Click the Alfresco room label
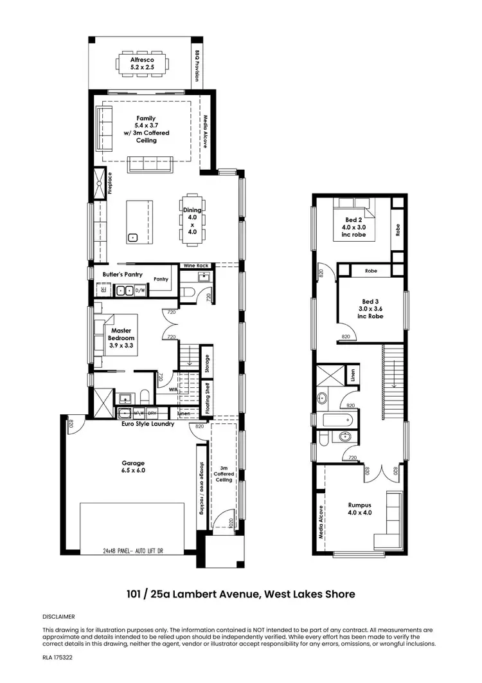click(142, 62)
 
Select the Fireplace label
click(111, 183)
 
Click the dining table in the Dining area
click(192, 219)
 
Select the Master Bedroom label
click(121, 338)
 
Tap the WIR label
click(173, 389)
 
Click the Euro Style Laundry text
click(148, 424)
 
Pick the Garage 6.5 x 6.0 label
click(134, 466)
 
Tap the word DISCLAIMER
click(58, 616)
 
